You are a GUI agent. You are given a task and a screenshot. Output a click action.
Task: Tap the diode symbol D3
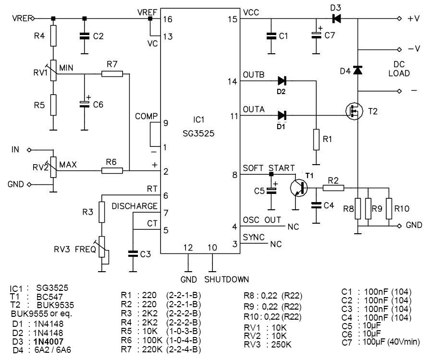(336, 19)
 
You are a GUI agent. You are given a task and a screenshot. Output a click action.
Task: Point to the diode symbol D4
(357, 71)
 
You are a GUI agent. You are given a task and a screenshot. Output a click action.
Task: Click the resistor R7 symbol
(112, 74)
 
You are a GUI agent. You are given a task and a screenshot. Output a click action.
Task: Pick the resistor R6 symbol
(112, 170)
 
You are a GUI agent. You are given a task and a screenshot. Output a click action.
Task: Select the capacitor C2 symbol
(85, 36)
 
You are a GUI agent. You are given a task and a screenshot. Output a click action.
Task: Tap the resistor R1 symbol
(316, 139)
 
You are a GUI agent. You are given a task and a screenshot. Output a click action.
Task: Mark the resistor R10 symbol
(389, 208)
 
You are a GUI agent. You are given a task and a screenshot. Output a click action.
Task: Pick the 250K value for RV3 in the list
(281, 345)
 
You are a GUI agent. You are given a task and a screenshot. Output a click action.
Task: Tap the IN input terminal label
(16, 150)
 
